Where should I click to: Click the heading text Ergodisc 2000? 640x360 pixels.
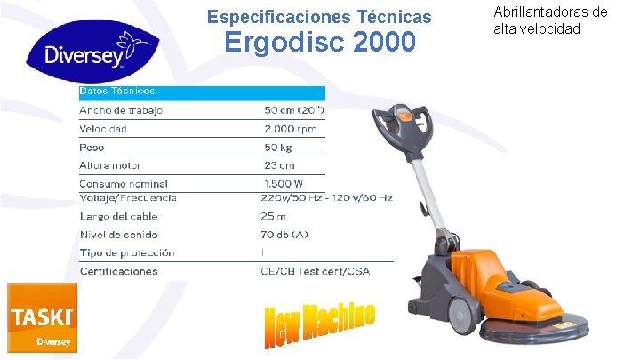click(x=319, y=42)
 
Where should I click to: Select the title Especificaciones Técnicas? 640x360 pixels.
click(x=319, y=17)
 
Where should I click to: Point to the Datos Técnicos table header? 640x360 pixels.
click(x=117, y=92)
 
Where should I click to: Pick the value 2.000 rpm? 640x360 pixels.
click(x=290, y=129)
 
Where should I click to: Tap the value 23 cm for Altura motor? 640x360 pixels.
click(x=279, y=165)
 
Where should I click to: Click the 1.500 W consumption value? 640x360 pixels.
click(x=285, y=184)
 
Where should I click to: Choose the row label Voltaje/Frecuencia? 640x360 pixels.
click(x=128, y=197)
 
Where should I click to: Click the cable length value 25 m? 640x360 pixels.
click(x=274, y=216)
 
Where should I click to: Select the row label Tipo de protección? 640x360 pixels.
click(x=127, y=252)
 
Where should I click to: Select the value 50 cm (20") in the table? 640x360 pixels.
click(x=293, y=110)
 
